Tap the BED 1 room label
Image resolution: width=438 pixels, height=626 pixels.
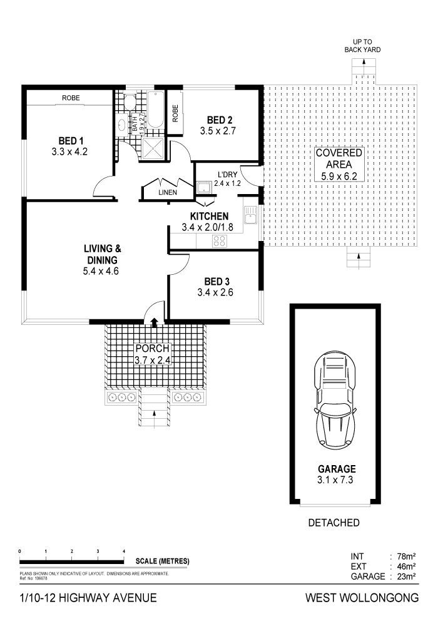tap(71, 140)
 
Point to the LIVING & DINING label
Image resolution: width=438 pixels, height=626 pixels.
tap(101, 255)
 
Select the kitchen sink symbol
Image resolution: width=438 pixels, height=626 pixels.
tap(250, 217)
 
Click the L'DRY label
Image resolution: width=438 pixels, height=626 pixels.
tap(227, 175)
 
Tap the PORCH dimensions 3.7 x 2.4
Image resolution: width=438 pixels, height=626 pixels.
tap(153, 360)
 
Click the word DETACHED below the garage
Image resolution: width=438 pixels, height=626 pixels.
tap(334, 522)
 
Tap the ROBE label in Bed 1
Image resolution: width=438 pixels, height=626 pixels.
tap(70, 98)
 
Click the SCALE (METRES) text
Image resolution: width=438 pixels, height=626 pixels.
tap(161, 560)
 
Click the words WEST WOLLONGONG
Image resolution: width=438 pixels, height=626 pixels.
tap(361, 598)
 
